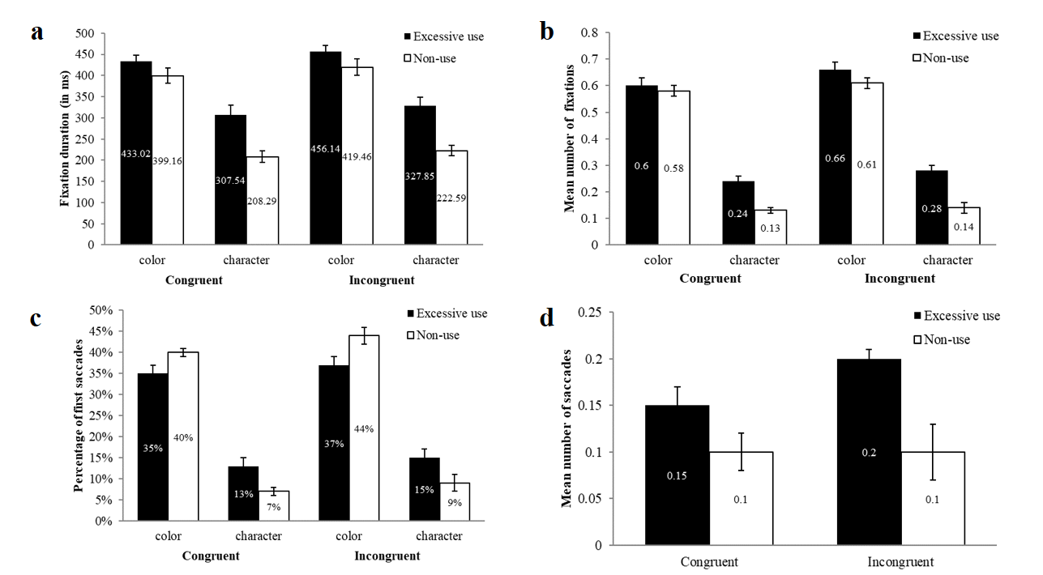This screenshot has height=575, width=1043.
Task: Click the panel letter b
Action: tap(547, 32)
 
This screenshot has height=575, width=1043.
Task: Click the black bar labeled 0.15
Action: tap(677, 475)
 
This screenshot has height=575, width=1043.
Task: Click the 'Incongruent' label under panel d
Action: tap(902, 562)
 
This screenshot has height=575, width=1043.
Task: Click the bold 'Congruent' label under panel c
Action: tap(211, 556)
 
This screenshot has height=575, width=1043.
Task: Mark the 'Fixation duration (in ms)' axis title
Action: tap(64, 138)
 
